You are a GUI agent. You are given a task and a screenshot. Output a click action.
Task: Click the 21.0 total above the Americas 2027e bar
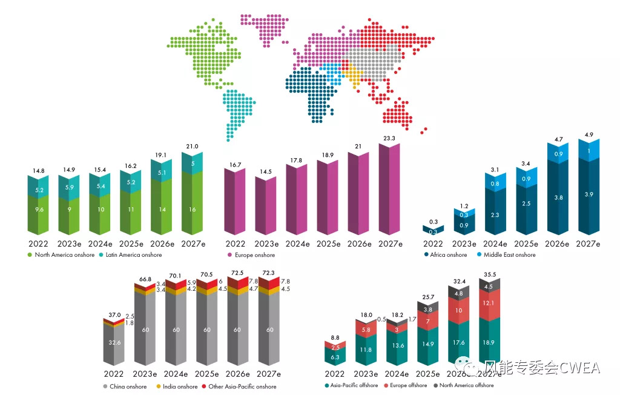(191, 146)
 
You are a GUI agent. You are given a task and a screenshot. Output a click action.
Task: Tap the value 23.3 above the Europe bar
(389, 138)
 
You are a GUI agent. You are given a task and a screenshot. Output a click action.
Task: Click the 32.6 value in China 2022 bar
(114, 343)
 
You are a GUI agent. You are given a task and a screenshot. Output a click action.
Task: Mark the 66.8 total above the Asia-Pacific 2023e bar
(145, 279)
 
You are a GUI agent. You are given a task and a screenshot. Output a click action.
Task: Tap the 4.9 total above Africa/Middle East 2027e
(588, 135)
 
